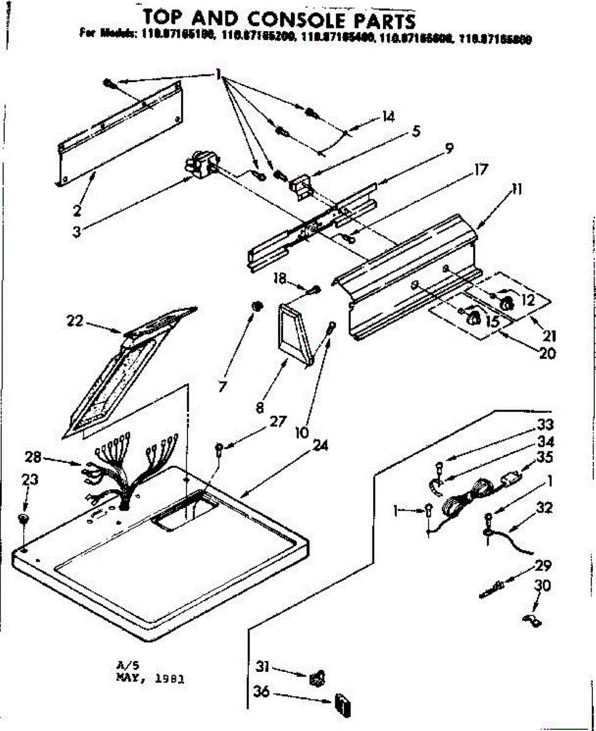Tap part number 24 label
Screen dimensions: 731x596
321,445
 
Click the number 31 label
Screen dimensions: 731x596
262,668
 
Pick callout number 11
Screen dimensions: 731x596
516,190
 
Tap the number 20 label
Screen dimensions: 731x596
547,353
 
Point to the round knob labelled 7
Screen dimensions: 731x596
258,306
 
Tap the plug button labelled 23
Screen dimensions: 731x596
23,518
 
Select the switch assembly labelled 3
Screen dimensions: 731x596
200,166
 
